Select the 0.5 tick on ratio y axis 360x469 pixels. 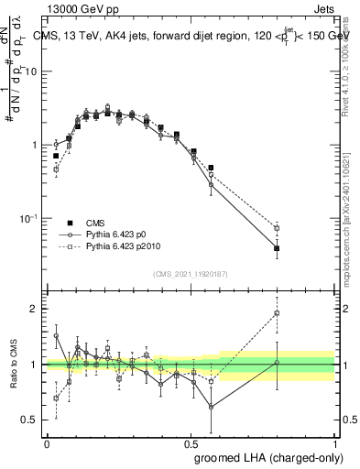tap(32, 420)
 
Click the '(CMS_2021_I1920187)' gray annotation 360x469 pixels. tap(191, 274)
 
